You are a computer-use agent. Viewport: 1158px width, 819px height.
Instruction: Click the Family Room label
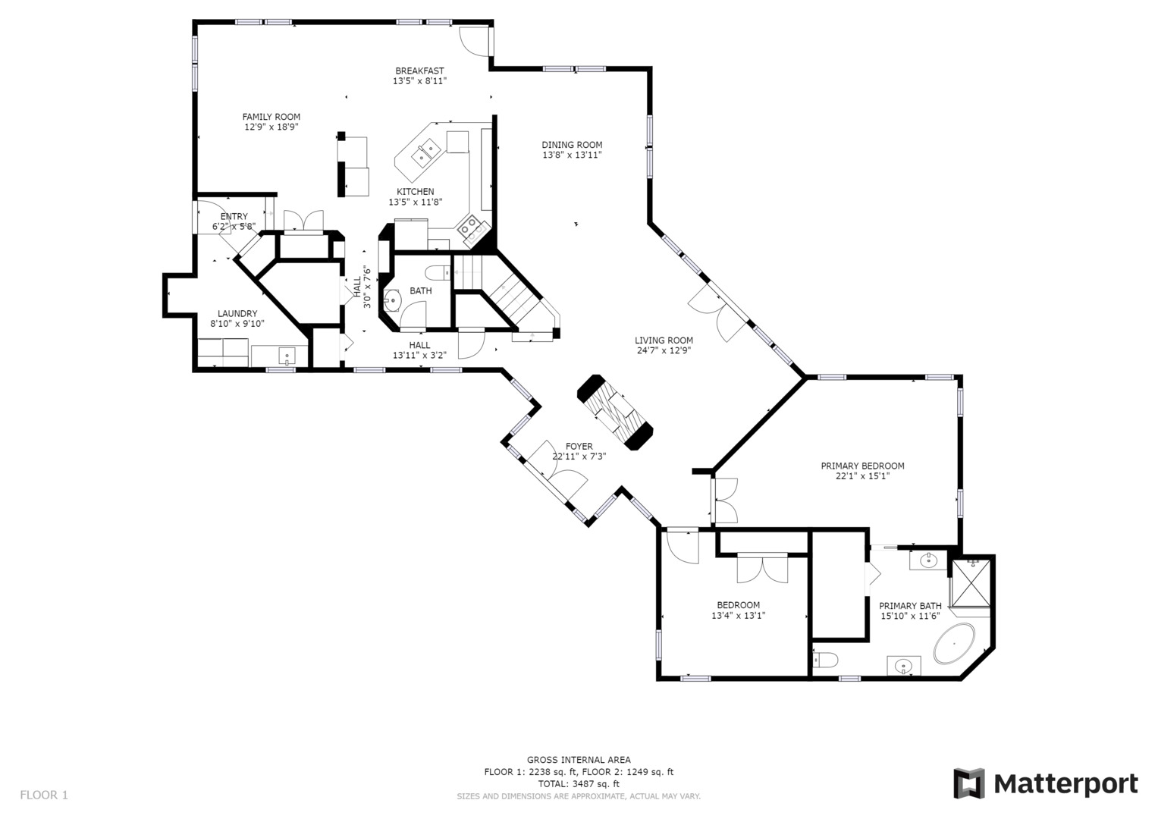(271, 117)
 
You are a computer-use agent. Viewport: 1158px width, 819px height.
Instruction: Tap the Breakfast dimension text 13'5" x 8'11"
(419, 81)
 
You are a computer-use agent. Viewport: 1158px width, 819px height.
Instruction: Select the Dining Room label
(572, 145)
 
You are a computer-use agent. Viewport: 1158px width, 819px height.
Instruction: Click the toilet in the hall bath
(438, 272)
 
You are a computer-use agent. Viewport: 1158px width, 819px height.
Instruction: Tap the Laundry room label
(237, 314)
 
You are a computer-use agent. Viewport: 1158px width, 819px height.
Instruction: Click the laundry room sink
(287, 356)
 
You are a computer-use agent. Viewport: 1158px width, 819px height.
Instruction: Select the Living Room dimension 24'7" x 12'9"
(664, 350)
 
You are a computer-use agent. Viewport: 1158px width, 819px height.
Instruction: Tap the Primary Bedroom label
(862, 466)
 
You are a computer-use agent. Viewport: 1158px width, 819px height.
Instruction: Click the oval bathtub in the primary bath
(955, 645)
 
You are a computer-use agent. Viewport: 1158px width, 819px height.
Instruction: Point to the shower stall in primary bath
(971, 582)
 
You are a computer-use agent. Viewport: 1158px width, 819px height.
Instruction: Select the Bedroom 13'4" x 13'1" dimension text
(738, 616)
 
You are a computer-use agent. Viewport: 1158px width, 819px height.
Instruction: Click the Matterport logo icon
(968, 783)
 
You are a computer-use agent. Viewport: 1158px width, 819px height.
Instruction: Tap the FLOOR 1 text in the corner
(44, 795)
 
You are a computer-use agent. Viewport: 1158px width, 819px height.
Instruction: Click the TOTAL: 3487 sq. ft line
(579, 784)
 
